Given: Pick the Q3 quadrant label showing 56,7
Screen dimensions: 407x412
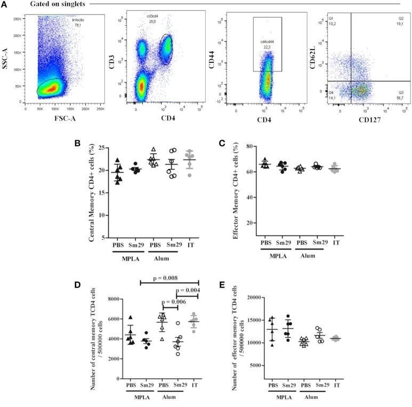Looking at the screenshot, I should pos(399,95).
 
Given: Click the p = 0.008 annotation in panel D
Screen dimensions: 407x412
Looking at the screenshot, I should pos(169,277).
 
